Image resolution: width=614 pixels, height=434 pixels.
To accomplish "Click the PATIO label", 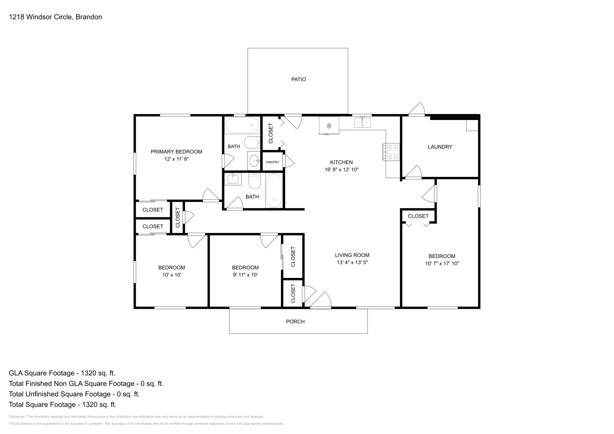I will point(298,79).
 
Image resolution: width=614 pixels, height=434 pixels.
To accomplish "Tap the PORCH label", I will point(295,322).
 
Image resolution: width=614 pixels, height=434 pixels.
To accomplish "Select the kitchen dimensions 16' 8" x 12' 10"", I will point(341,169).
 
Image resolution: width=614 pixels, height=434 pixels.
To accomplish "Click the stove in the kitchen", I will point(391,151).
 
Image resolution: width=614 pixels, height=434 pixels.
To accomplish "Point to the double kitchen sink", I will point(362,123).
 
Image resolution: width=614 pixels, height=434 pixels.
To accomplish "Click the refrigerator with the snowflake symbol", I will point(329,126).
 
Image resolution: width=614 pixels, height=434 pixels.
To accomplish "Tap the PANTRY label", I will point(272,162).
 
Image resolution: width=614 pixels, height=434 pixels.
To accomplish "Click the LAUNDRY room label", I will point(440,147).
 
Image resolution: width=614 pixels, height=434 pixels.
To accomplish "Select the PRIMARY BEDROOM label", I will point(176,151).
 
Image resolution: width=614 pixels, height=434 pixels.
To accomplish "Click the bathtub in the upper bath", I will point(242,125).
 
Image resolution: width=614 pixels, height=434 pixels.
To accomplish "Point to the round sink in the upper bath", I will point(254,161).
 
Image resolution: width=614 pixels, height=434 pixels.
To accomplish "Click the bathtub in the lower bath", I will point(274,191).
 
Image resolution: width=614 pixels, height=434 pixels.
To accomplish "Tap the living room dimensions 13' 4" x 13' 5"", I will point(352,263).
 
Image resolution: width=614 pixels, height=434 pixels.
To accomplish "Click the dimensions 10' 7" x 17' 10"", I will point(442,263).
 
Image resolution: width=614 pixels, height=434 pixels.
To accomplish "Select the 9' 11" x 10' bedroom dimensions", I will point(245,275).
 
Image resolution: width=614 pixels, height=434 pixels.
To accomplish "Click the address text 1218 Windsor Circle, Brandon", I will point(55,17).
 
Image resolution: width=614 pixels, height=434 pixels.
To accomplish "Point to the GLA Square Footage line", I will point(62,373).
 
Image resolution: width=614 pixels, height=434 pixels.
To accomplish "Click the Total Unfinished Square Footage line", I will point(74,394).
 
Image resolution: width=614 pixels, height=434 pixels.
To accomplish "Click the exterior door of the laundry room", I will point(417,109).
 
